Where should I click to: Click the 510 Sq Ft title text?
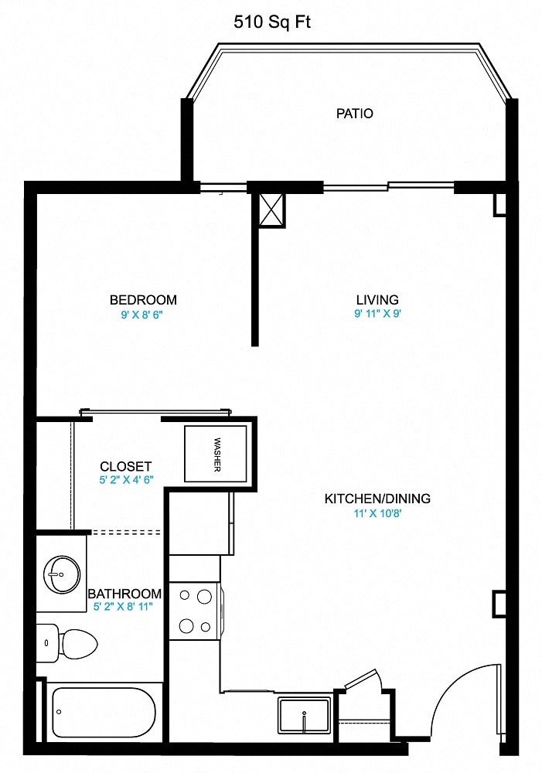(x=272, y=23)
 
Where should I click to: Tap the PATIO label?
(x=354, y=114)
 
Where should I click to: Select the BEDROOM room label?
(x=143, y=300)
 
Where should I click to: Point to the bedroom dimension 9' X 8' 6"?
(x=143, y=315)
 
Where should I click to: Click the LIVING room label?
(x=377, y=300)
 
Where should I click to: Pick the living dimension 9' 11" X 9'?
(x=377, y=314)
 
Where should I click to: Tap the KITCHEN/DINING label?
(x=377, y=499)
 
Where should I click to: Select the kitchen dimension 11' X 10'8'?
(x=377, y=513)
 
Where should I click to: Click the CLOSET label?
(x=125, y=466)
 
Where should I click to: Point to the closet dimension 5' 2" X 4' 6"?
(x=125, y=480)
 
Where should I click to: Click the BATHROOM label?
(x=124, y=594)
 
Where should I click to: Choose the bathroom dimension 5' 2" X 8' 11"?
(x=124, y=607)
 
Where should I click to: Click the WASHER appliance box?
(x=216, y=454)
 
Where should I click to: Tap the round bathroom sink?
(x=62, y=574)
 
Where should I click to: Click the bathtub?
(x=104, y=712)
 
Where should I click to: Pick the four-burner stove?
(x=194, y=611)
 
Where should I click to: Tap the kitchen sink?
(x=305, y=714)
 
